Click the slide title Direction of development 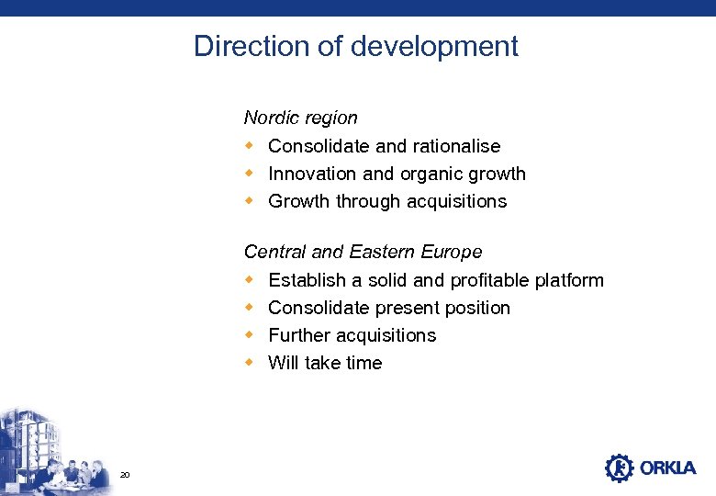356,46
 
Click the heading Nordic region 300,118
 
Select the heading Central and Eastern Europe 363,252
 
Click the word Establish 307,280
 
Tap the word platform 569,280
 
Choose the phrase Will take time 325,363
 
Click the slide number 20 126,474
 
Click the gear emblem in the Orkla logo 620,468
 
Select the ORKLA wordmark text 668,468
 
